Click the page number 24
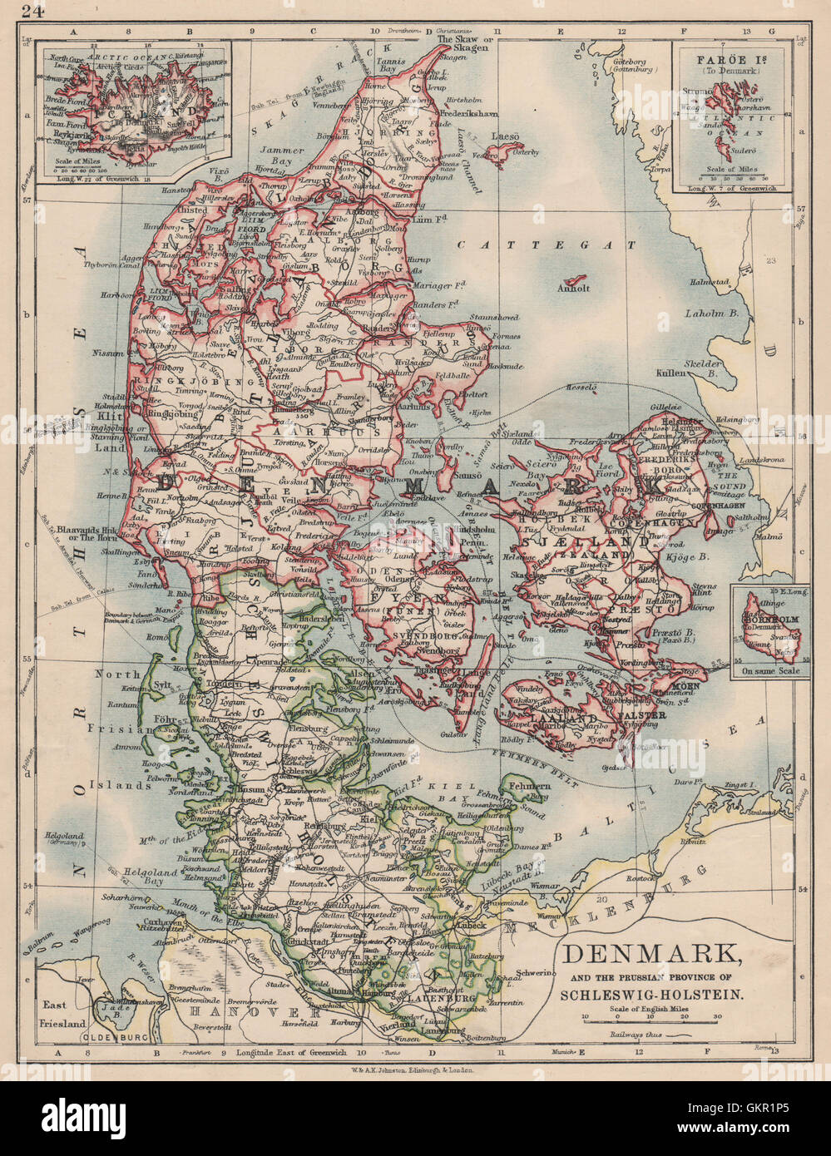coord(32,11)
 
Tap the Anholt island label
coord(574,288)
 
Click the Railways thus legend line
coord(657,1035)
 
